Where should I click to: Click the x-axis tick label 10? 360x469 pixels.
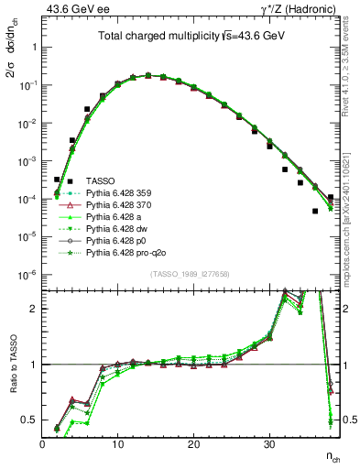pyautogui.click(x=117, y=444)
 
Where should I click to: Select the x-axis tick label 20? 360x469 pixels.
pyautogui.click(x=193, y=444)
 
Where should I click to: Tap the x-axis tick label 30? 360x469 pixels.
pyautogui.click(x=268, y=444)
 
